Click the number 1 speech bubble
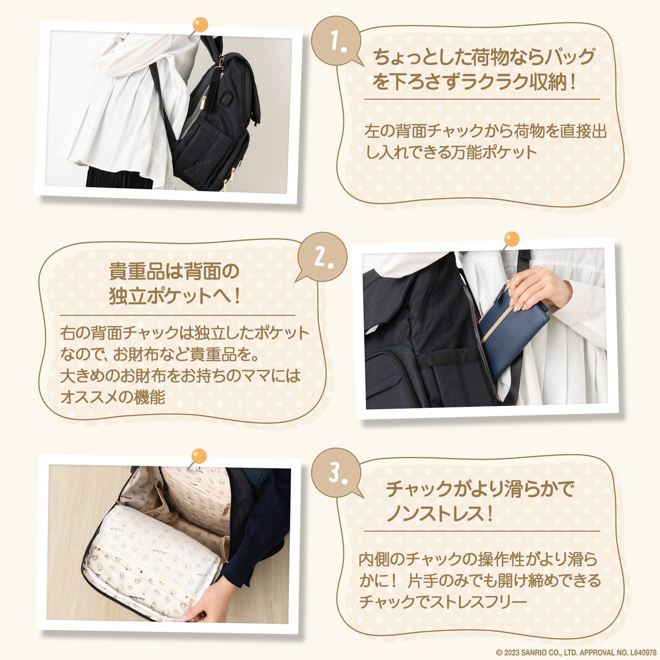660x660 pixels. tap(336, 42)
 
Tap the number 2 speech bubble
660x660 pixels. tap(322, 257)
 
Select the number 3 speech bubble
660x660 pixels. tap(336, 473)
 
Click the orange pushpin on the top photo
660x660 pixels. tap(200, 25)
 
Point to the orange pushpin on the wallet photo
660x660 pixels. tap(512, 239)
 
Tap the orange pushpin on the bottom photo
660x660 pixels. tap(199, 457)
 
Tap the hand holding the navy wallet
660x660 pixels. tap(538, 288)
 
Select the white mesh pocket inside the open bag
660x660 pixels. tap(161, 541)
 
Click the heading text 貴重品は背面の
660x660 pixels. tap(174, 271)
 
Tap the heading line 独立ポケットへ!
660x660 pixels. tap(174, 296)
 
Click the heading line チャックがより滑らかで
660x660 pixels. tap(480, 489)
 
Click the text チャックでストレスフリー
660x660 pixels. tap(443, 602)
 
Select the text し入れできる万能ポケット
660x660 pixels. tap(451, 152)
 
